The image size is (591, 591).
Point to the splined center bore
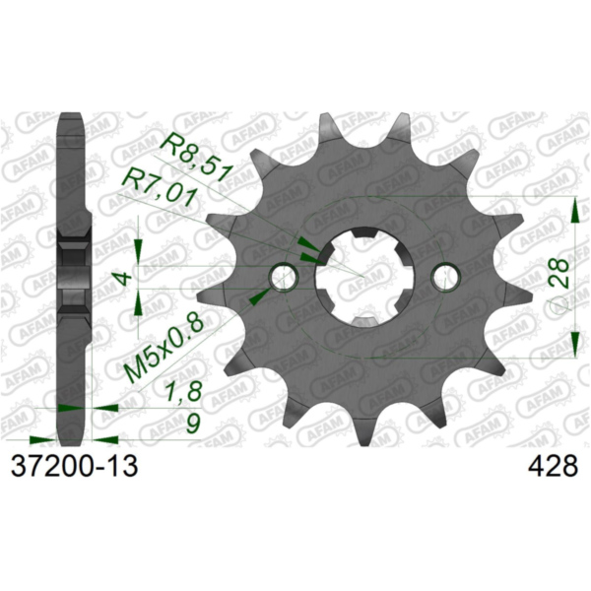pyautogui.click(x=367, y=276)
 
